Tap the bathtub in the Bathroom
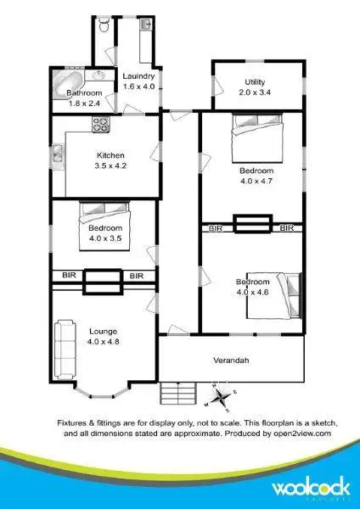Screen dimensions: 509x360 pos(65,83)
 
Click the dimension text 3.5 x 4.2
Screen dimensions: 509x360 pos(110,166)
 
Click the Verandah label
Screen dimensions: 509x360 pos(232,360)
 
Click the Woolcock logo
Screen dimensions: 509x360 pos(307,489)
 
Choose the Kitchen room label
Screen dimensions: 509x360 pos(110,155)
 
